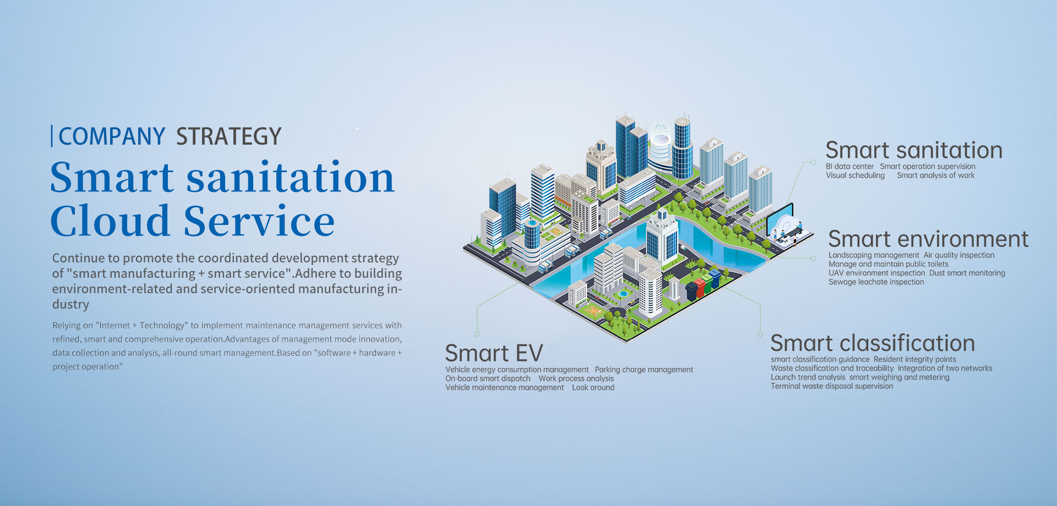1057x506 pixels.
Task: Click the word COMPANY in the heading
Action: (112, 136)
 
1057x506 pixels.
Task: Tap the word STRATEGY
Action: (229, 136)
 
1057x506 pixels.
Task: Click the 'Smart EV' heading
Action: (494, 353)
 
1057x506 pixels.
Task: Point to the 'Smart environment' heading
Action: (928, 239)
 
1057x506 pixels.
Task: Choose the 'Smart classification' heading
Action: (873, 343)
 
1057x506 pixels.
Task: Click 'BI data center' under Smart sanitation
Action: (849, 167)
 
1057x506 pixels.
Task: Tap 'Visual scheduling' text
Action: (855, 175)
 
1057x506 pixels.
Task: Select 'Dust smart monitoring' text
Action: (967, 273)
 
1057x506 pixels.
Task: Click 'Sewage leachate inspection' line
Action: (876, 282)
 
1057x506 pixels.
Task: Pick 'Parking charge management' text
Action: (644, 370)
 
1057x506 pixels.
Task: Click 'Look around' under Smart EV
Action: (593, 388)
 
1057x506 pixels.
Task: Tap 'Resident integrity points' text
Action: (915, 360)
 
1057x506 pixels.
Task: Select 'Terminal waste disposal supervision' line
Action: (832, 386)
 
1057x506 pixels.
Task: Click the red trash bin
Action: (700, 288)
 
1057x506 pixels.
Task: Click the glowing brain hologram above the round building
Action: (661, 133)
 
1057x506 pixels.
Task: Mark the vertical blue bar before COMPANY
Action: (52, 136)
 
